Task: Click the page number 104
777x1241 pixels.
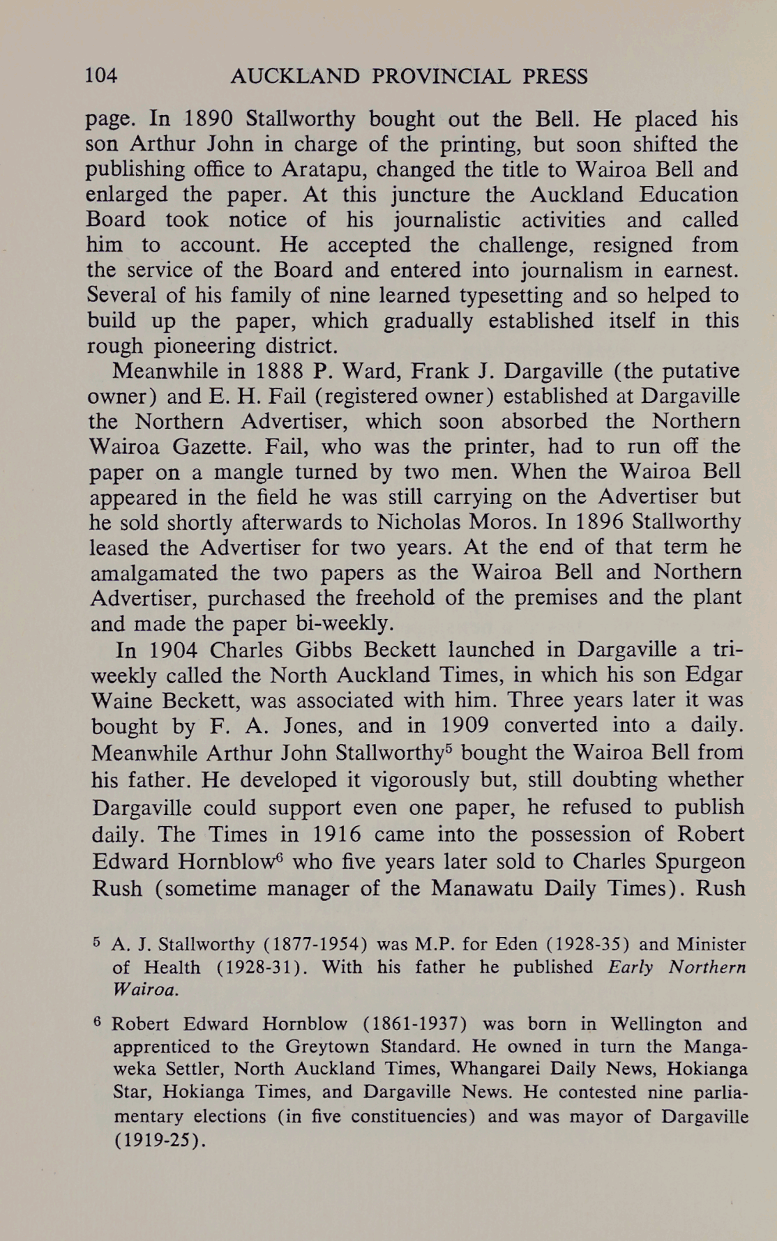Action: point(101,76)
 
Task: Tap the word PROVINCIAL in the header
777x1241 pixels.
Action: point(441,76)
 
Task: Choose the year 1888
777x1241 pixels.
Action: point(276,371)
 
